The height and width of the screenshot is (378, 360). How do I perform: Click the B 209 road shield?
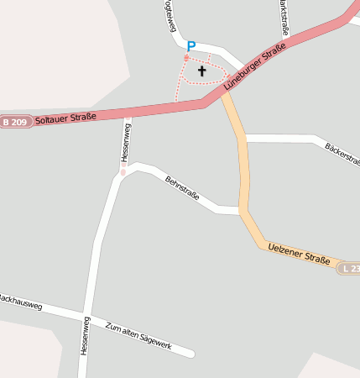pos(14,123)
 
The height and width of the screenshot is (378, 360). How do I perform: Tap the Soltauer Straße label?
pos(65,118)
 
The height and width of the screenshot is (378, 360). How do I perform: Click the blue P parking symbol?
pos(191,46)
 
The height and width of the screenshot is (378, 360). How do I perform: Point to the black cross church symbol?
pos(201,71)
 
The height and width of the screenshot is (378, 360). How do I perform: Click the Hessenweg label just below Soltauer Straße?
pos(126,141)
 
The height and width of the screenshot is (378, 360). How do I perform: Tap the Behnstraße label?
pos(182,187)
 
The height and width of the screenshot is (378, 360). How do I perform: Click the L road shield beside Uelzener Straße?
pos(351,269)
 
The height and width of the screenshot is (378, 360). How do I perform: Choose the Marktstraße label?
pos(285,15)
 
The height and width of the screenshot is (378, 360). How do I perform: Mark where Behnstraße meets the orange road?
pos(242,210)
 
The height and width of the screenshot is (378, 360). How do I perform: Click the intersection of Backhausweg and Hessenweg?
pos(86,314)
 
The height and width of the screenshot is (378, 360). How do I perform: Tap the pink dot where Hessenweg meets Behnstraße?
pos(123,172)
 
